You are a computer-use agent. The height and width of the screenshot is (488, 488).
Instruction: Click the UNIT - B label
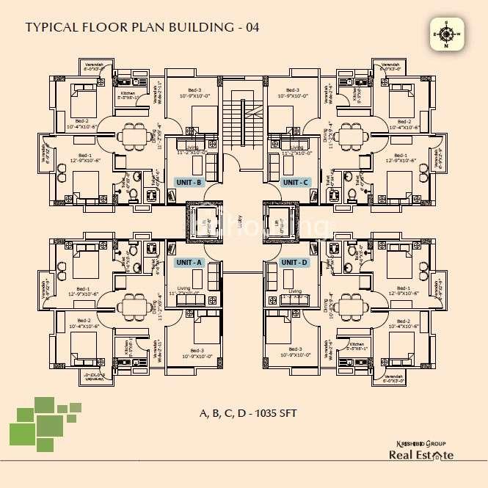coord(189,181)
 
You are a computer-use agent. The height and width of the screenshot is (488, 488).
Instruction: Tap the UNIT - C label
coord(296,181)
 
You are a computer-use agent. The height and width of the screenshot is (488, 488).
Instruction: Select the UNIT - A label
coord(189,262)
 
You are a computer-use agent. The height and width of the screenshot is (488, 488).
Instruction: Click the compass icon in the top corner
coord(445,34)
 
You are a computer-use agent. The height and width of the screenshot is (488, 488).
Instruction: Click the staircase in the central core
coord(243,117)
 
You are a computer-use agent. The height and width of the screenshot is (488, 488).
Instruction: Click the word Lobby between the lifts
coord(244,222)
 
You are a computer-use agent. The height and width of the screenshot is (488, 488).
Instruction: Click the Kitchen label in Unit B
coord(129,95)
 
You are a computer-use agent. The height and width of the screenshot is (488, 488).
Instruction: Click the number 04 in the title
coord(249,28)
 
